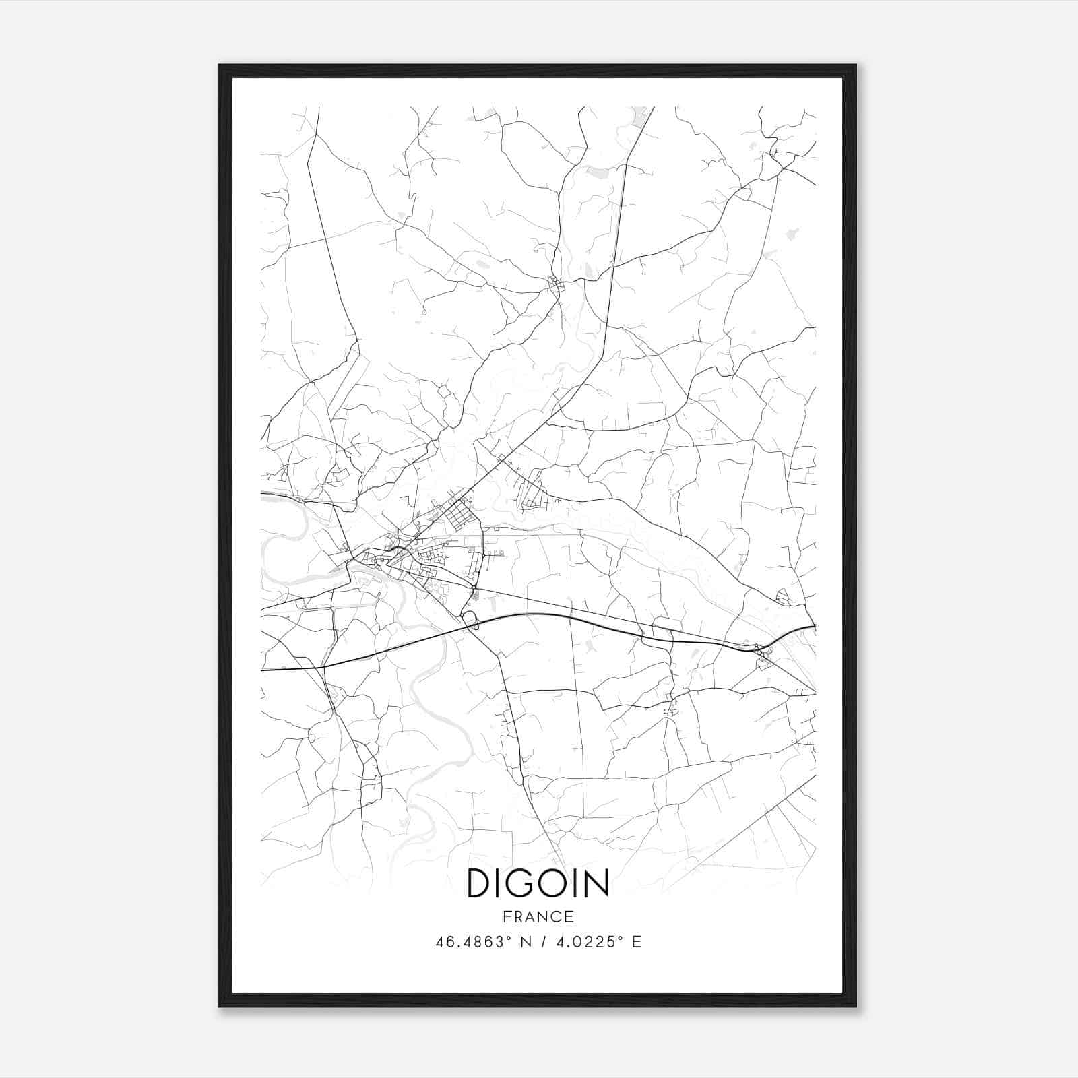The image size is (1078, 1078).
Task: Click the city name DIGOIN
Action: (538, 883)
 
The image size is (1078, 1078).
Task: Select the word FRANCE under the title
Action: (538, 916)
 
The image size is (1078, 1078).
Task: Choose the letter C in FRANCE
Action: (556, 916)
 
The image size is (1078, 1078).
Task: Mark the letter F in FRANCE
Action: (507, 916)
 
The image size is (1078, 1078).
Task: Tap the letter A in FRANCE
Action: (530, 916)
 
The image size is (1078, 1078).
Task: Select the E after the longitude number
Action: (637, 942)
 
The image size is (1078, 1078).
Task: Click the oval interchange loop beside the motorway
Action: (470, 621)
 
